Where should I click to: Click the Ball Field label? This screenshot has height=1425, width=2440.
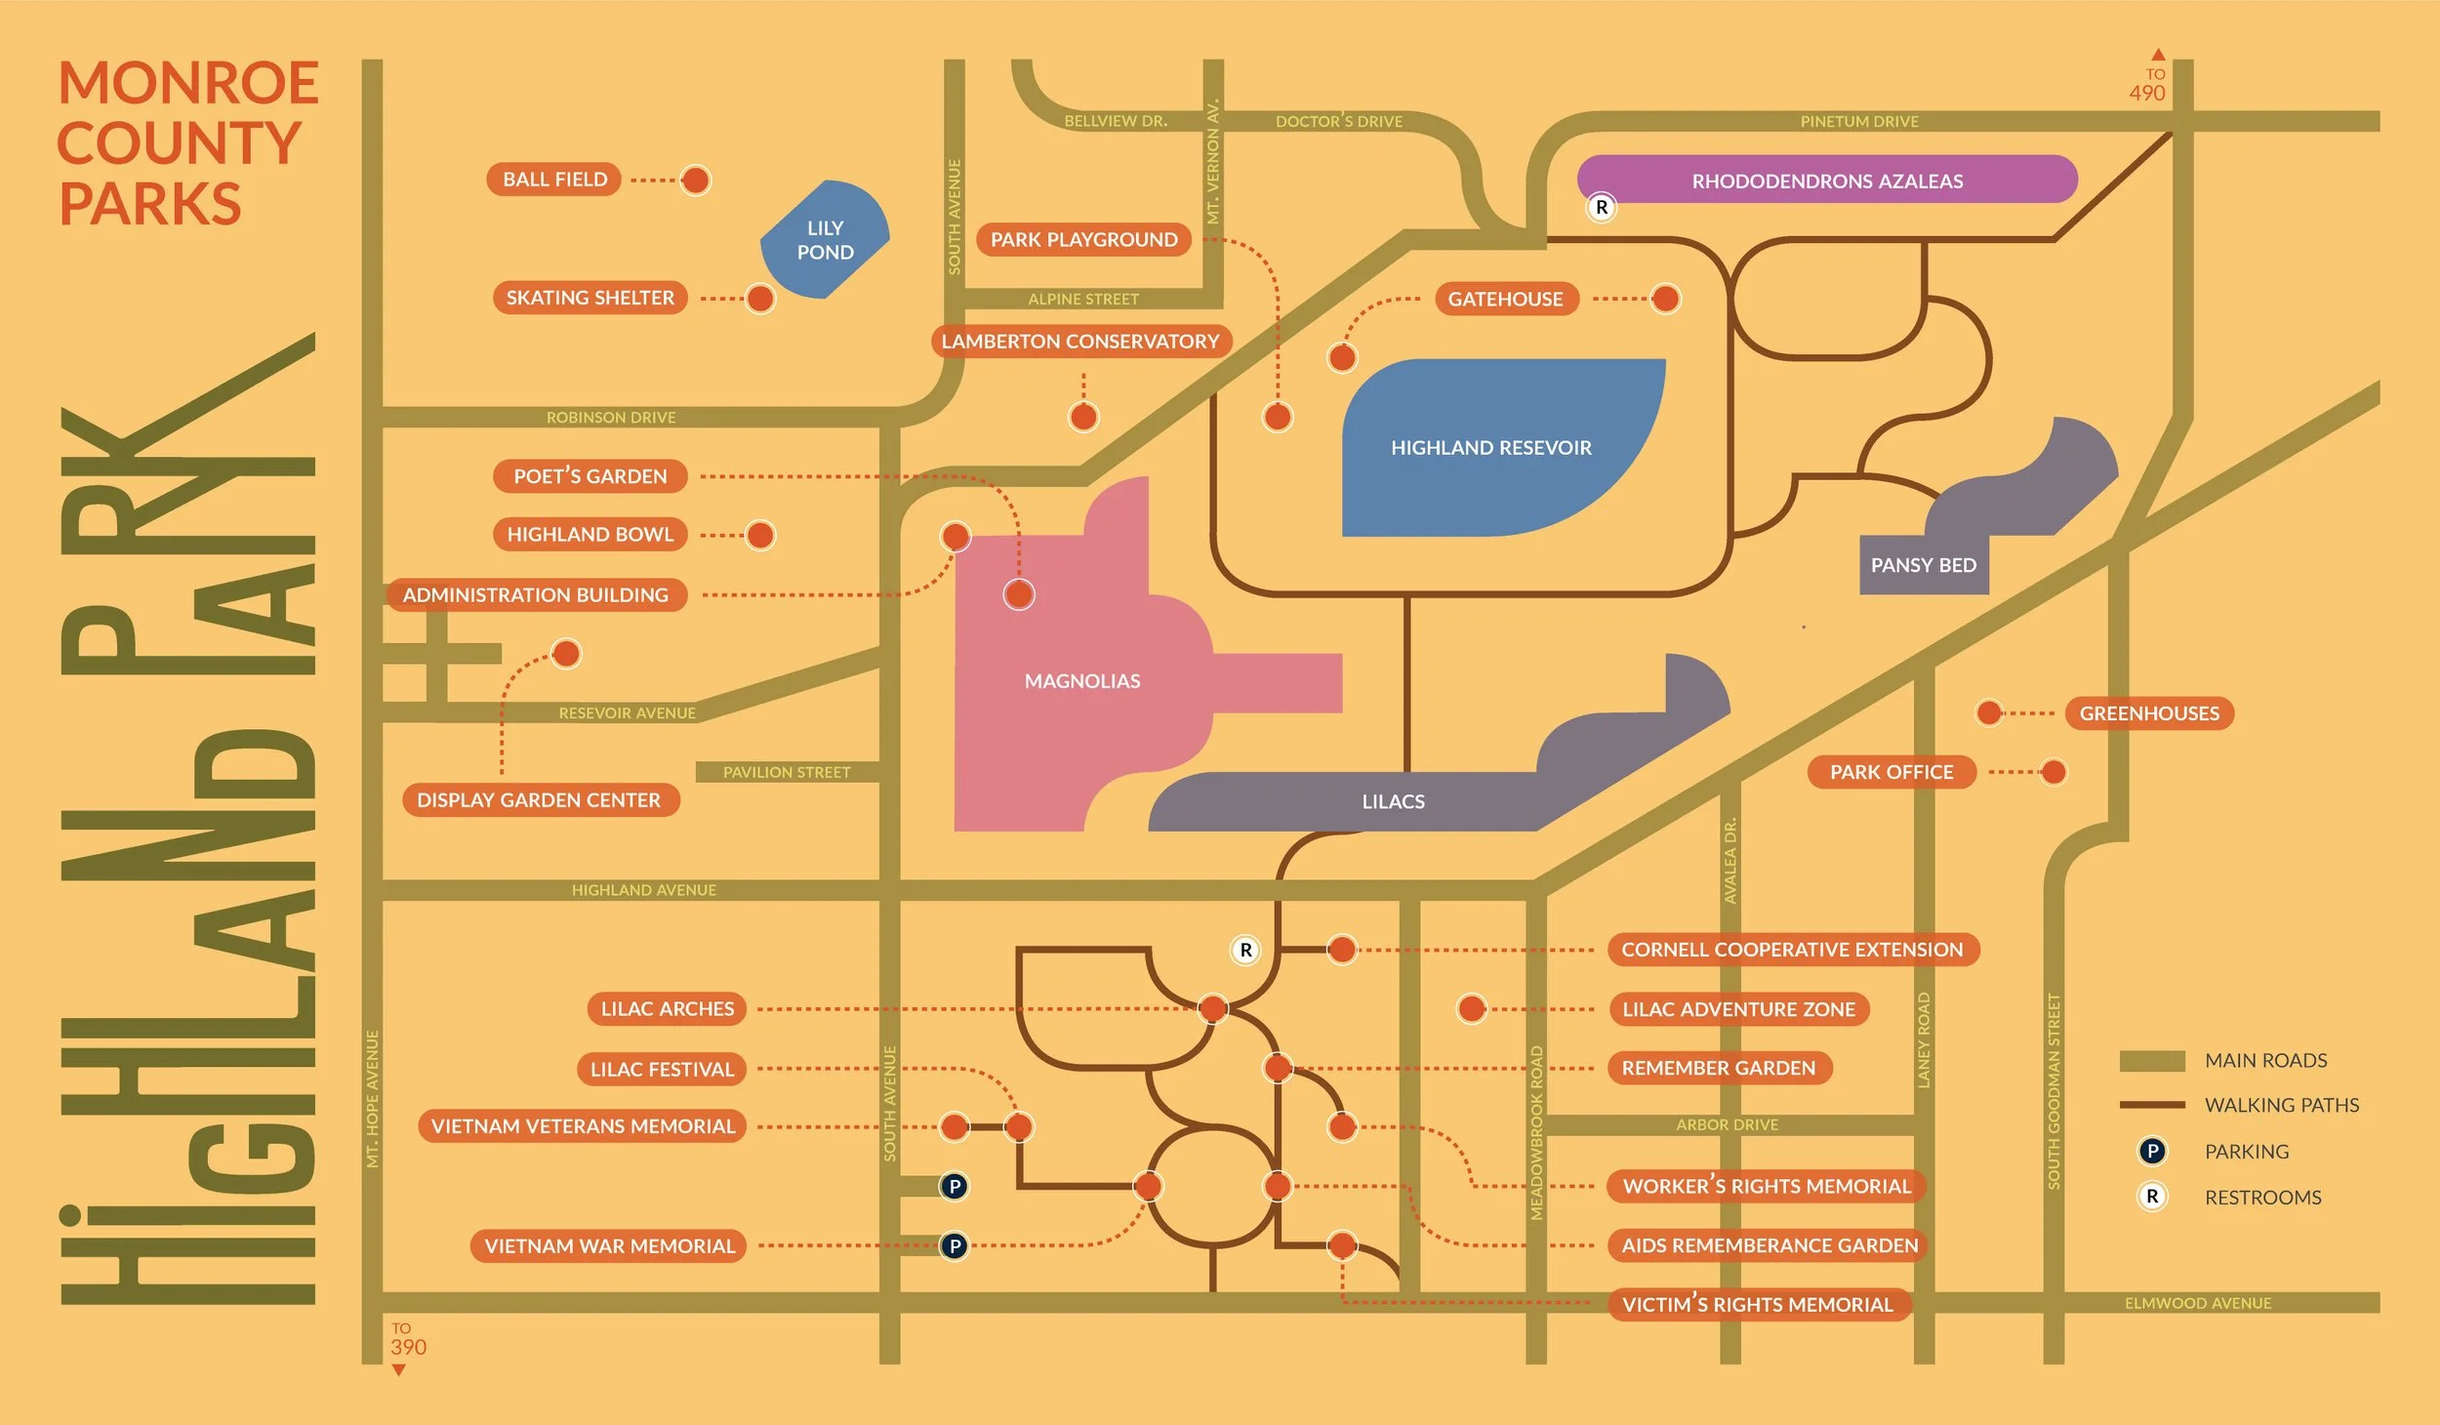click(x=554, y=180)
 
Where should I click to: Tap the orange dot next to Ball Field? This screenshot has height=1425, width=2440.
click(x=695, y=180)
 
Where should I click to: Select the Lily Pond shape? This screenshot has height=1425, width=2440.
click(x=825, y=239)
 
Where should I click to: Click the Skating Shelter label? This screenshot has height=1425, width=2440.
click(x=590, y=298)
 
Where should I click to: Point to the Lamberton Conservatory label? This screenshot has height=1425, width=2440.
click(x=1080, y=342)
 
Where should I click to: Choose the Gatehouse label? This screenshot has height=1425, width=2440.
click(x=1505, y=299)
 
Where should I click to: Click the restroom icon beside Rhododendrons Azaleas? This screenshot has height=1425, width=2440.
click(x=1602, y=208)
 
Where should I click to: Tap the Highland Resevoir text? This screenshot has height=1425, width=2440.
click(x=1490, y=448)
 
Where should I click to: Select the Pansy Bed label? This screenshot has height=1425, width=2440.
click(x=1923, y=565)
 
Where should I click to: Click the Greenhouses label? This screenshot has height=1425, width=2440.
click(x=2149, y=713)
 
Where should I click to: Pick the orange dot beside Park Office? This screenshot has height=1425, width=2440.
click(x=2054, y=772)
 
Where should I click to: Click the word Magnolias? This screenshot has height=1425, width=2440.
click(x=1082, y=681)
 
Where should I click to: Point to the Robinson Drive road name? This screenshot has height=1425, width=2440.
click(x=611, y=418)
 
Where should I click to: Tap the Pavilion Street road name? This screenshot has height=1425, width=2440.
click(x=787, y=772)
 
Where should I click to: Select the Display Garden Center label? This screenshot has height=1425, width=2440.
click(x=539, y=800)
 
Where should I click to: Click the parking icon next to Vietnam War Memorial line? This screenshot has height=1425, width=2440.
click(x=955, y=1246)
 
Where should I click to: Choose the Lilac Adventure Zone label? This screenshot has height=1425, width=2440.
click(x=1738, y=1009)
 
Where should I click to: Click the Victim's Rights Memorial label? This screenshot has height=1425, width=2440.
click(x=1757, y=1305)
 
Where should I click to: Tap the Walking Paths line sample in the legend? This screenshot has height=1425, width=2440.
click(x=2151, y=1105)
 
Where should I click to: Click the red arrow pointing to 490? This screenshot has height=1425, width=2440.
click(x=2158, y=55)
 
